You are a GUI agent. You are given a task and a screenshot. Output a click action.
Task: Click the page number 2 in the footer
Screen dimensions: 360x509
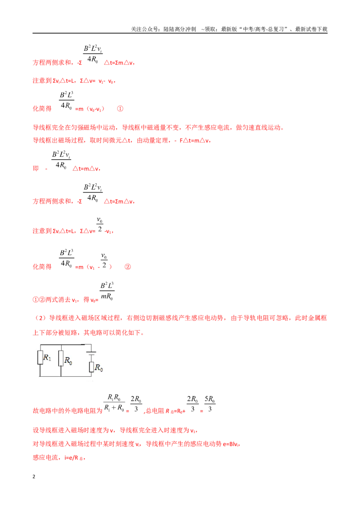(x=34, y=477)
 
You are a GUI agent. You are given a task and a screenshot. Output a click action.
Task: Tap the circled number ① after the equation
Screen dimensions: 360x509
(x=120, y=109)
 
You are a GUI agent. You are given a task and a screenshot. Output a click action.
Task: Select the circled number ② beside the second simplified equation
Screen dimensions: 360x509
(x=128, y=267)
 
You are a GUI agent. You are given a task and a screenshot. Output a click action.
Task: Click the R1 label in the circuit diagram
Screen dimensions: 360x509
(x=47, y=357)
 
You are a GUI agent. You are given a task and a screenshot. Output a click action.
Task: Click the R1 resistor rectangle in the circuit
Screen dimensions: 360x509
(x=40, y=358)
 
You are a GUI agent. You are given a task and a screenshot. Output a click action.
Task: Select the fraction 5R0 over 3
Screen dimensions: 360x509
(x=210, y=403)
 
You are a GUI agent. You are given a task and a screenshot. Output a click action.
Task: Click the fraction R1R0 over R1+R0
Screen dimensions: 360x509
(x=114, y=403)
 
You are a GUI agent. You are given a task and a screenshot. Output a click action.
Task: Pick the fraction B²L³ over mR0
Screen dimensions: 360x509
(x=107, y=291)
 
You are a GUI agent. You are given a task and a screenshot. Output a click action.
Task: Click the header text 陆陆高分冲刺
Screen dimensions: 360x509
(x=180, y=29)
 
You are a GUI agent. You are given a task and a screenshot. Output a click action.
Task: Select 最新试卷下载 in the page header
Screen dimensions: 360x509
(x=311, y=29)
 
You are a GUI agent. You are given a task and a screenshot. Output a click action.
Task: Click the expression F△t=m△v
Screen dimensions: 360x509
(x=194, y=141)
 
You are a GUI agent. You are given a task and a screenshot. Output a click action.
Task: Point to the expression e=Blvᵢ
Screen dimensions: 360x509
(x=231, y=444)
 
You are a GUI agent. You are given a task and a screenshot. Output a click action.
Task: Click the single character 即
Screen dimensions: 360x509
(x=36, y=169)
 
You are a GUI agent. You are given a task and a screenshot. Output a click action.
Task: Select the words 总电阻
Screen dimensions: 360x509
(x=155, y=411)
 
